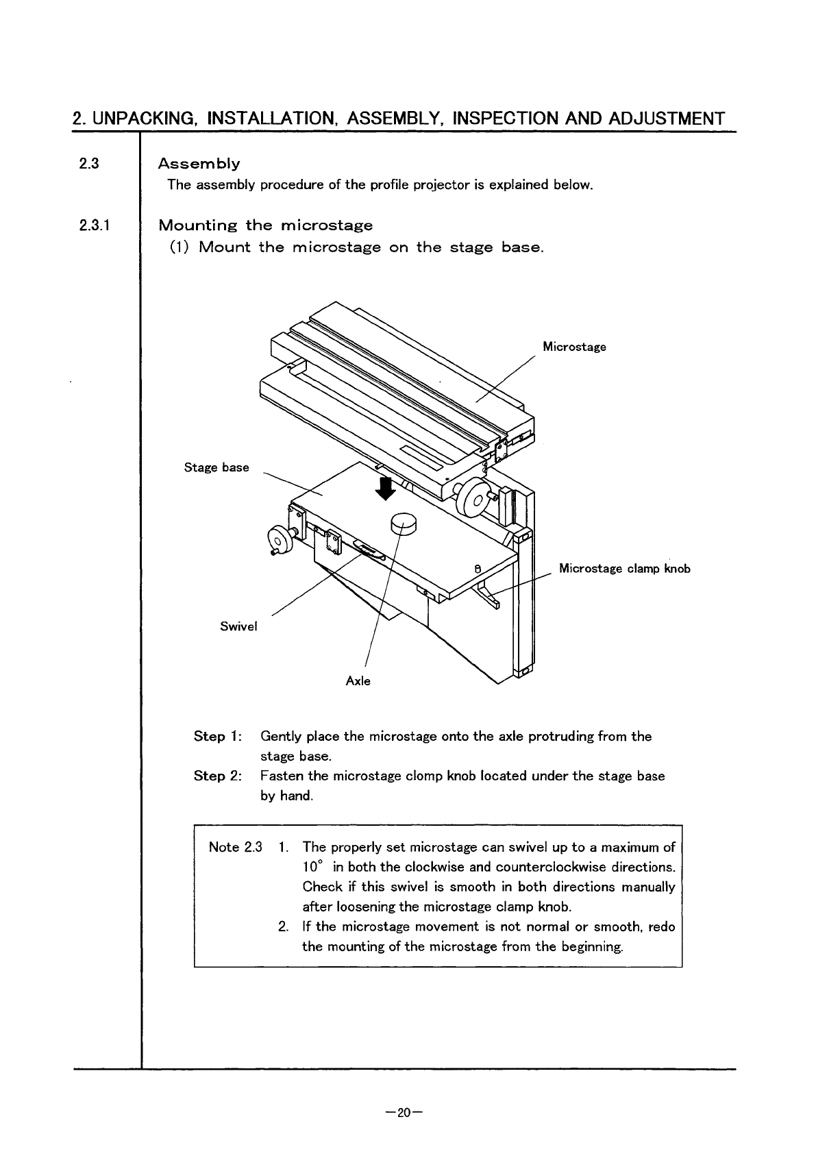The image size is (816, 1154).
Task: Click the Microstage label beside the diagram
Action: (574, 347)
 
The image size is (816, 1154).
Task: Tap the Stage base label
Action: (217, 467)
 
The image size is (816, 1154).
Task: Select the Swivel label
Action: (238, 626)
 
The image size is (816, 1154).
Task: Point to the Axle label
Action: (358, 681)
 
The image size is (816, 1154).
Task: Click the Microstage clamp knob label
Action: (624, 569)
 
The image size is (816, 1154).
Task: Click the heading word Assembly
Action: (199, 164)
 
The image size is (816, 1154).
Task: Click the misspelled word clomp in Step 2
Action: (424, 776)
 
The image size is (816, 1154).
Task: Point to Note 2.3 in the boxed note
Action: (235, 847)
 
